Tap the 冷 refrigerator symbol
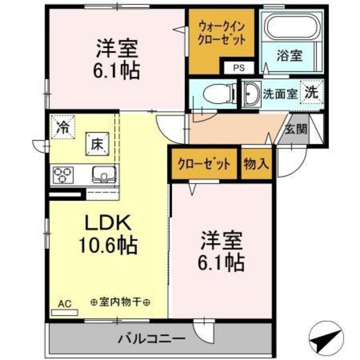[x=62, y=127]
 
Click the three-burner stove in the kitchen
[x=62, y=174]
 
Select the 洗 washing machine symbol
[x=310, y=93]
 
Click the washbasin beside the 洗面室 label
[x=251, y=94]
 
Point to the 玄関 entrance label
[x=295, y=128]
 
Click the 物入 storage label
[x=256, y=164]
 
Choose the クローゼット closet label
[x=204, y=164]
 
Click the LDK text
[x=108, y=223]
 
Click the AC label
[x=65, y=304]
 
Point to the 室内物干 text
[x=120, y=303]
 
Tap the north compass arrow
[x=328, y=337]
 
